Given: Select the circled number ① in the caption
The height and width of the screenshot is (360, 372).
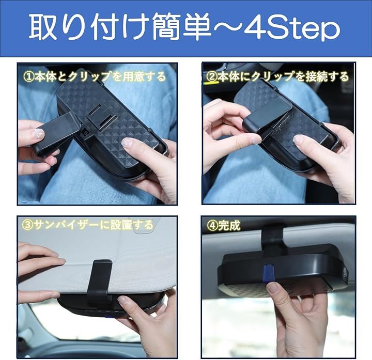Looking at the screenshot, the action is coord(28,76).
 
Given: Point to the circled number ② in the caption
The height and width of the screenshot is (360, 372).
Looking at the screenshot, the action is coord(212,76).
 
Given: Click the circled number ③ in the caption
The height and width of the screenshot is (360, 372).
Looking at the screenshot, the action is coord(27,225).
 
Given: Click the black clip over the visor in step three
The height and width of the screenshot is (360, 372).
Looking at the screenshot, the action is coord(100,282).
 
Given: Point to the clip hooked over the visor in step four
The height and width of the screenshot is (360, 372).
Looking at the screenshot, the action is coord(273,238).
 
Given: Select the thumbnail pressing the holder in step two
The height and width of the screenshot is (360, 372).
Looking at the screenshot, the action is coord(301,140).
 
